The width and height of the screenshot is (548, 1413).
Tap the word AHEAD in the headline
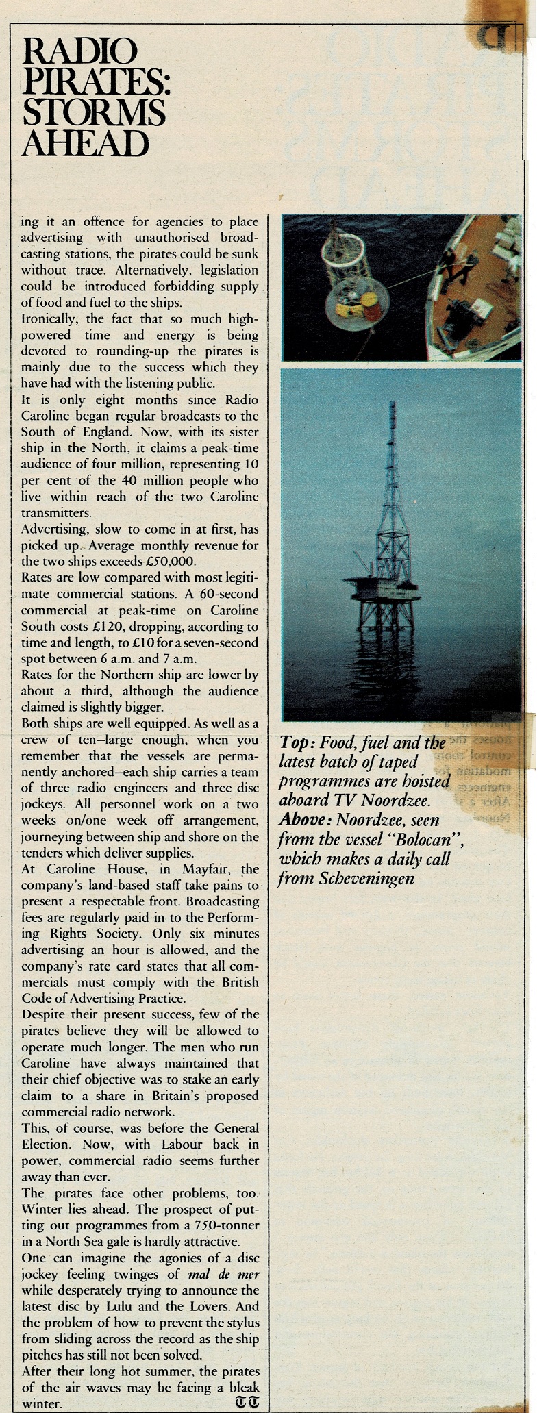(x=86, y=143)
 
